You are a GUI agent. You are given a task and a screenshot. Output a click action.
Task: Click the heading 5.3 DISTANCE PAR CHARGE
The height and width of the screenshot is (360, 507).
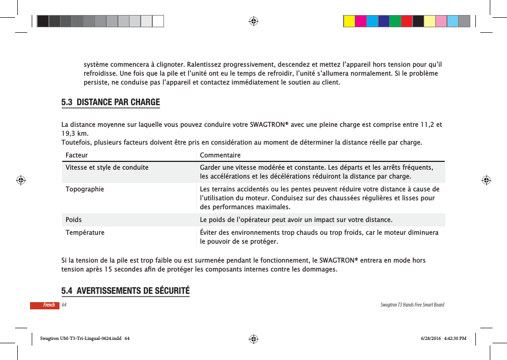point(110,102)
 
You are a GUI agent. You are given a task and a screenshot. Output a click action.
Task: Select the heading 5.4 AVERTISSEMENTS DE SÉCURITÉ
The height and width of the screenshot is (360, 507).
point(125,291)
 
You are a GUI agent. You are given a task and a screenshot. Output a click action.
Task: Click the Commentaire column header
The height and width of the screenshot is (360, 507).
point(220,155)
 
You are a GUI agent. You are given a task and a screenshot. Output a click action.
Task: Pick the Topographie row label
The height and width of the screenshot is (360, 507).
point(84,189)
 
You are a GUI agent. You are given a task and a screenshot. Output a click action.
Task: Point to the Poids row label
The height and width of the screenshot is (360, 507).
point(73,219)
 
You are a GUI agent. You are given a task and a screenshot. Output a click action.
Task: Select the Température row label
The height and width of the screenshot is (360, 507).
point(84,232)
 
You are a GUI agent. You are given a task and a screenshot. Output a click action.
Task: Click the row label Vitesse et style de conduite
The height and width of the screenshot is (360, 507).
point(107,167)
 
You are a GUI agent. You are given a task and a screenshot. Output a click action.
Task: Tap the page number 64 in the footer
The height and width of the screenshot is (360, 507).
point(64,305)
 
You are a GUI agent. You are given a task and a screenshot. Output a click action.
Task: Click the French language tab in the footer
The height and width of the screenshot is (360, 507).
point(49,305)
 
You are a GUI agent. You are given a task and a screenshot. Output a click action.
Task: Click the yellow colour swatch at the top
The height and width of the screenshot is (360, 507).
point(349,21)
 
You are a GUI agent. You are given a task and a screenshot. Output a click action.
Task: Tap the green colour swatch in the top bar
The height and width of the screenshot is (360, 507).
point(395,21)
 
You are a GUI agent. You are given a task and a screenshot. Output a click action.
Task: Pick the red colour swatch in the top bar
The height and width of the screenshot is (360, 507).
point(407,21)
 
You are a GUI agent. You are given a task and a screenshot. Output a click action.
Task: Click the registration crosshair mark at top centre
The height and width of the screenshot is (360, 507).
point(253,21)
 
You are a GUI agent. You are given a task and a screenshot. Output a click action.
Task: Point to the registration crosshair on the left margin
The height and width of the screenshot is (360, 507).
point(21,180)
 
